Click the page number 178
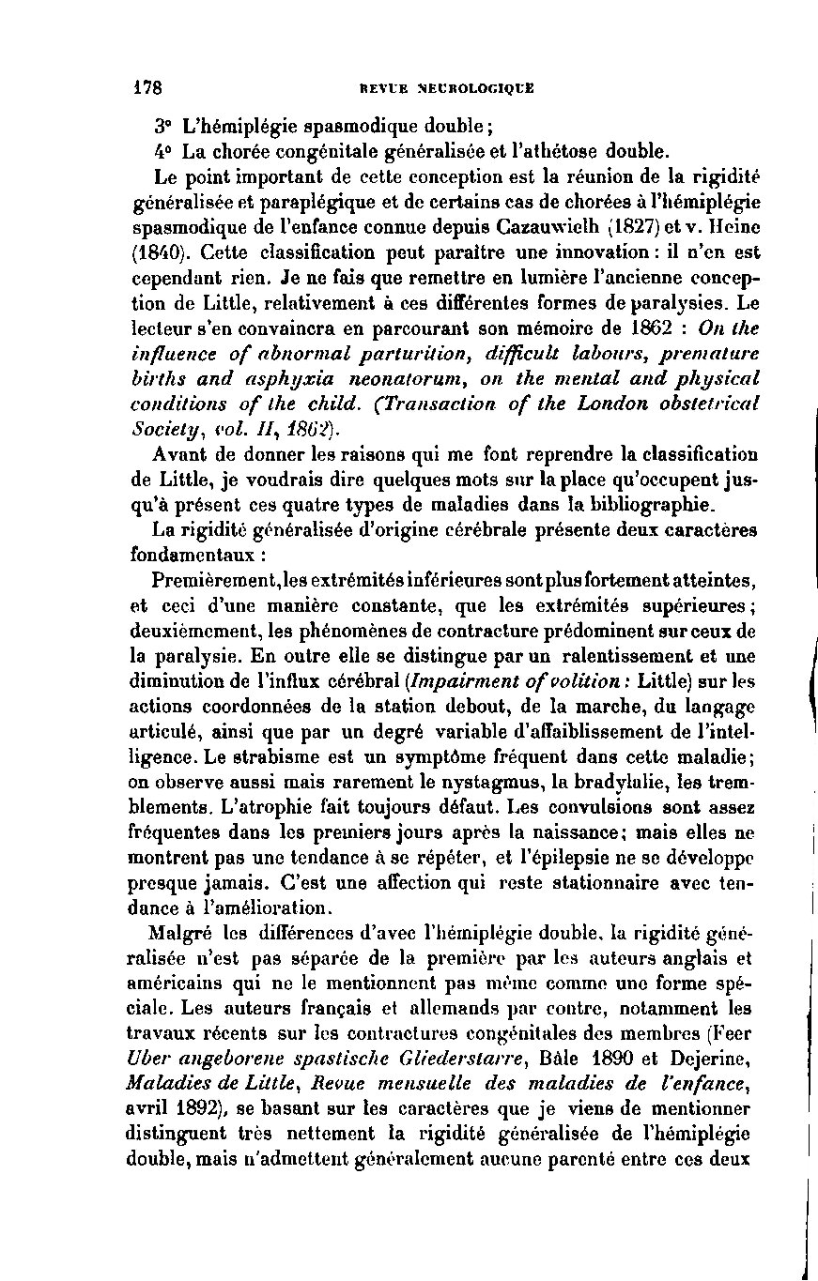point(148,88)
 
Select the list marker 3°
point(164,125)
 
